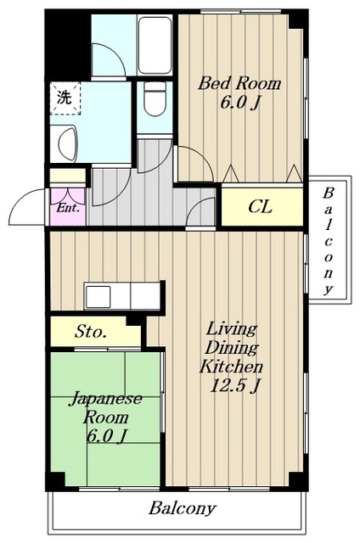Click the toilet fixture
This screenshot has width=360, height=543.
click(x=155, y=99)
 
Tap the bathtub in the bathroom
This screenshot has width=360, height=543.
click(x=155, y=45)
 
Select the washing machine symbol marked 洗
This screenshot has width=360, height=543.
click(x=65, y=98)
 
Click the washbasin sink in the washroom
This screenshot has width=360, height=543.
click(x=68, y=143)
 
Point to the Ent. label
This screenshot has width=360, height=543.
click(x=68, y=208)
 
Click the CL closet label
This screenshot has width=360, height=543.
click(x=260, y=207)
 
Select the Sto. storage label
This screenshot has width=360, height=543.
click(x=90, y=332)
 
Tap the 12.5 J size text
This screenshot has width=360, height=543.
click(x=235, y=385)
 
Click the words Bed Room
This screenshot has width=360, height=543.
click(x=239, y=84)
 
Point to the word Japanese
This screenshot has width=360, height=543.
click(x=106, y=399)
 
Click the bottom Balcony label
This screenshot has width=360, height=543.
click(x=183, y=508)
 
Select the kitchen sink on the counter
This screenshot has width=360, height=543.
click(x=98, y=297)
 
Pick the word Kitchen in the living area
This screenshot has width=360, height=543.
click(x=231, y=366)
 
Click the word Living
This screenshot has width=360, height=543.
click(x=232, y=329)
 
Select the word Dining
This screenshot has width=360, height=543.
click(x=232, y=348)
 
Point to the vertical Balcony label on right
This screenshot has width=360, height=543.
click(x=329, y=241)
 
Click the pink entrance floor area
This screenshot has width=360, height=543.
click(x=68, y=207)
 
